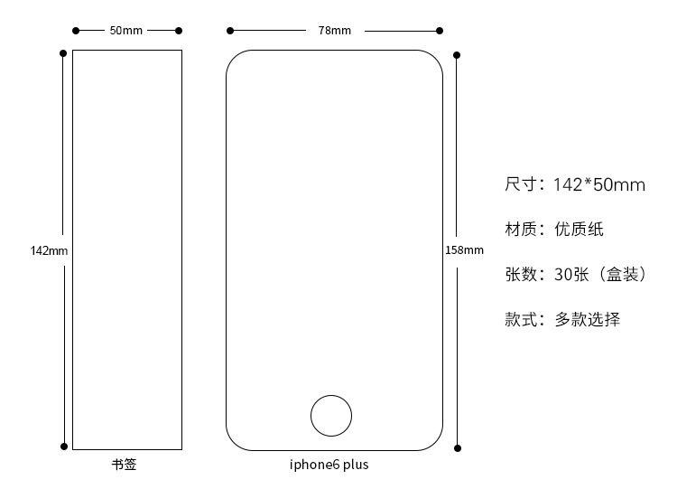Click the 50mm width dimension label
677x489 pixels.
coord(126,31)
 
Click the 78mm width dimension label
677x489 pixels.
coord(334,31)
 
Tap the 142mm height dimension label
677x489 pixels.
coord(49,250)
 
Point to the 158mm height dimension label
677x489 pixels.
coord(464,250)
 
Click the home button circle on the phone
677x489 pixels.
coord(331,416)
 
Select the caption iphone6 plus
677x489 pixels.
coord(329,465)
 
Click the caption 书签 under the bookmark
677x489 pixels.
coord(125,465)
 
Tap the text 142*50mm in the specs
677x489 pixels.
coord(599,185)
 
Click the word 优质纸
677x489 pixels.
coord(579,230)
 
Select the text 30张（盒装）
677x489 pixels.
coord(601,274)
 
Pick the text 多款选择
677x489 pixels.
coord(587,319)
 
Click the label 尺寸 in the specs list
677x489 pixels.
coord(521,185)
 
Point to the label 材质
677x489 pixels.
coord(521,230)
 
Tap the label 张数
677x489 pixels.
coord(521,274)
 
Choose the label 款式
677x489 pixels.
coord(521,319)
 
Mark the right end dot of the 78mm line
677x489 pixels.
coord(441,31)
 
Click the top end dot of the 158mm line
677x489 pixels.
coord(458,53)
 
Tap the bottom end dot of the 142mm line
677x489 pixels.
coord(63,447)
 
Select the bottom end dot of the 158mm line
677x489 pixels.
coord(458,447)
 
